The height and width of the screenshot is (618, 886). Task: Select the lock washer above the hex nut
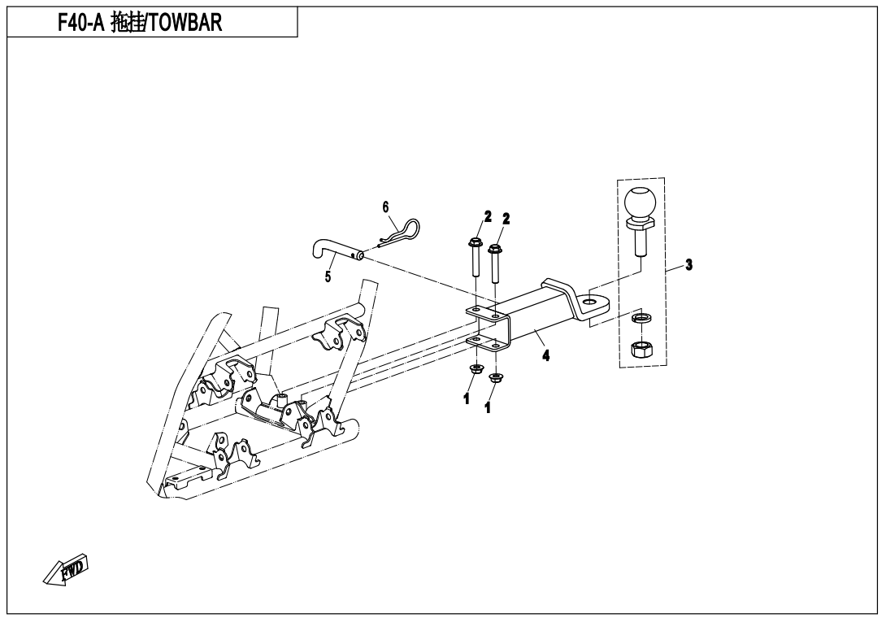(641, 319)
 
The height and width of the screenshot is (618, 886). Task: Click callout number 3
(688, 264)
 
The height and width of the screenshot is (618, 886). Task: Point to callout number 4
(546, 355)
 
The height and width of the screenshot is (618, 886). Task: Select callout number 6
(386, 207)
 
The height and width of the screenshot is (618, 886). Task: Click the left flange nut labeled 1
(475, 370)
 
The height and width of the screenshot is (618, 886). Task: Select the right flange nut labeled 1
(496, 377)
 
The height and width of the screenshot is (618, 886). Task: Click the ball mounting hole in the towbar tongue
(590, 302)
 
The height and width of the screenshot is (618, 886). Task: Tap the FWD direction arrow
(66, 569)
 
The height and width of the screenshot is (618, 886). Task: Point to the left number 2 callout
(488, 216)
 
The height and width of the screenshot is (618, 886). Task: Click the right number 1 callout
(487, 407)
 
